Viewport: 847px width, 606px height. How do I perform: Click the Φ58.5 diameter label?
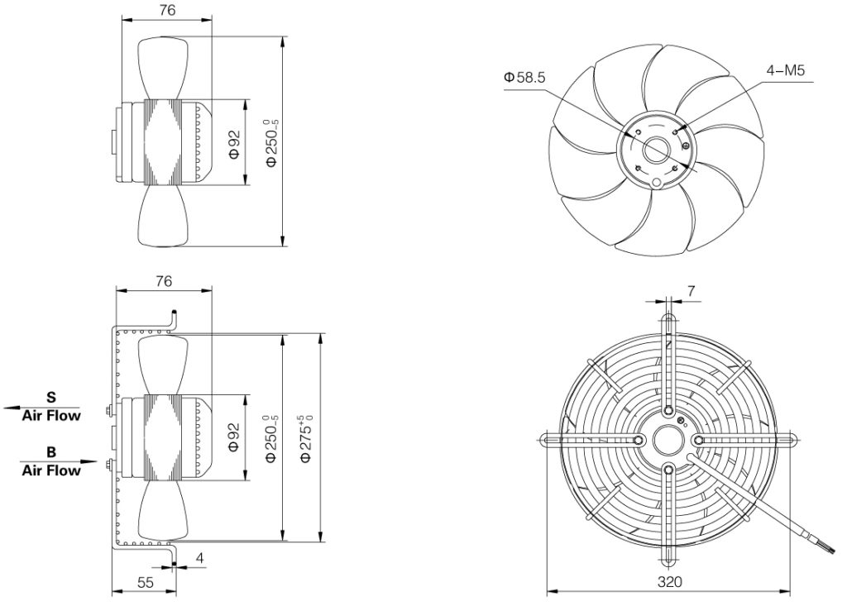524,77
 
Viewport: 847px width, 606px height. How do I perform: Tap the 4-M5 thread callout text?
786,70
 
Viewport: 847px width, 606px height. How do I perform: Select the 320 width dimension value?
670,582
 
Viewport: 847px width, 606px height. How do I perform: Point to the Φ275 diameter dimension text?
306,437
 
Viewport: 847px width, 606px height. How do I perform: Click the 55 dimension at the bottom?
146,582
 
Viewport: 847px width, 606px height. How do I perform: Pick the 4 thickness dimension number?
199,558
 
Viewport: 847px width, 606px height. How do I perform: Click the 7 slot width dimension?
691,292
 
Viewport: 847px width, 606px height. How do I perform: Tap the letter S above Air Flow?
50,398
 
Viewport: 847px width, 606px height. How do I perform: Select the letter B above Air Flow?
51,451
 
